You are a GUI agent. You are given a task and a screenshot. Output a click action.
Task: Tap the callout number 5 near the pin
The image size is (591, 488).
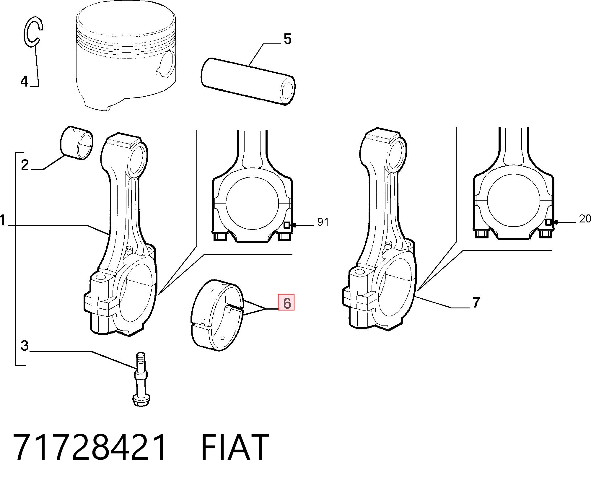pos(287,39)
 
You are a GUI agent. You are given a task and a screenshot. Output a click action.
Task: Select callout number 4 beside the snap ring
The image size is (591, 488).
pos(24,81)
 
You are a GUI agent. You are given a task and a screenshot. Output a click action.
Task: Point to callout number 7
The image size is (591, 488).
pos(476,302)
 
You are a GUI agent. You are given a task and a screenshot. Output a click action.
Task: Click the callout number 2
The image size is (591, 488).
pos(25,165)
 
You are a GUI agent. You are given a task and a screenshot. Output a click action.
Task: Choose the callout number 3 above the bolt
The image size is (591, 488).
pos(25,345)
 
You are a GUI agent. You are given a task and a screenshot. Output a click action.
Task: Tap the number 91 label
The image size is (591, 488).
pos(323,222)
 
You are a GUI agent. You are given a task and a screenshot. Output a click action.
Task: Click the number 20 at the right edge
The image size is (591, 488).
pos(585,219)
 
